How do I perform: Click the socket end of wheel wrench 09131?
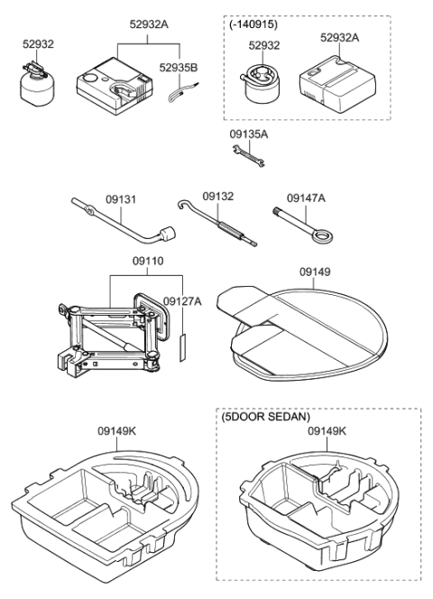pos(167,237)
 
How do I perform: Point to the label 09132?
pos(217,195)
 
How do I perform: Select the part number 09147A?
pos(307,197)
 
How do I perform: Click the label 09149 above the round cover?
pos(312,268)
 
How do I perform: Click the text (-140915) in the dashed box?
pos(253,24)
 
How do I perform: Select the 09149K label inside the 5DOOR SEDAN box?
pos(327,431)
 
